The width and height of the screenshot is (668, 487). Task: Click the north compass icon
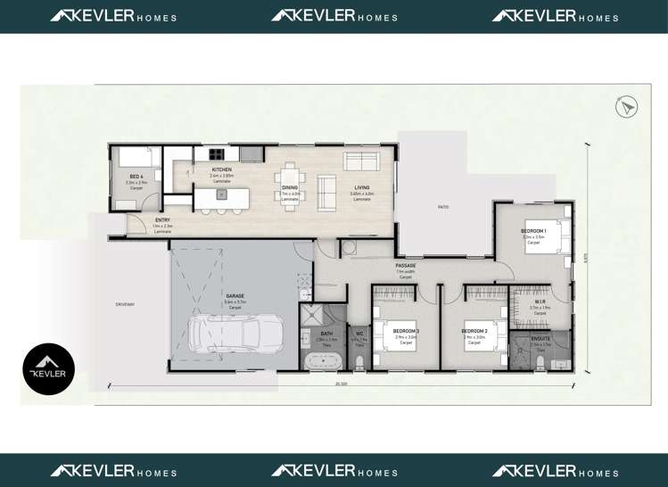pos(628,107)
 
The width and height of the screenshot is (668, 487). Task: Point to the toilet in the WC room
pos(359,361)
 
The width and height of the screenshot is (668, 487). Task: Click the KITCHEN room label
pos(221,169)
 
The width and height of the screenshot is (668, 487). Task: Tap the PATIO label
pos(442,207)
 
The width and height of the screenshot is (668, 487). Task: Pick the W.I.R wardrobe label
pos(540,301)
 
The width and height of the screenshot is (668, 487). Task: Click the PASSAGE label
pos(407,266)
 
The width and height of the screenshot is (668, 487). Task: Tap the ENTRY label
pos(162,220)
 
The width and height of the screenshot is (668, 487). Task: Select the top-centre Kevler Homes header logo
pos(334,16)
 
